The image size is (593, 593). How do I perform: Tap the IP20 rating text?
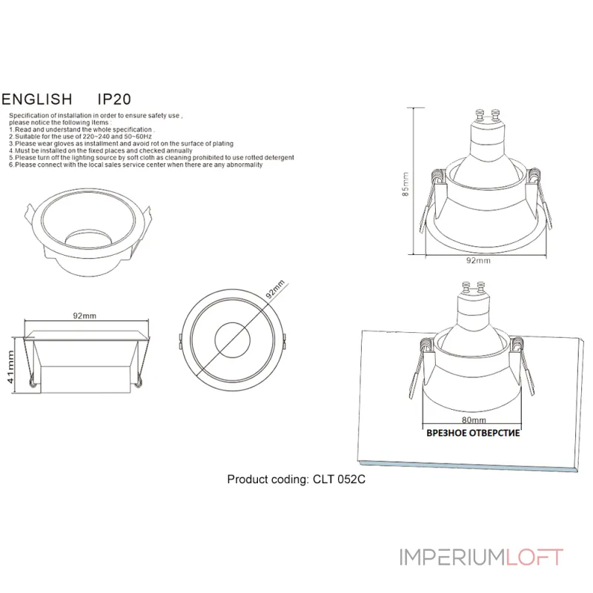115,99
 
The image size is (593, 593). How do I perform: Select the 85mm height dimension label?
405,182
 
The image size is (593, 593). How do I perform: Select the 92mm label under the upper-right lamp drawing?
478,261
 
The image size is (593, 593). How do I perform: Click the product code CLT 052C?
337,480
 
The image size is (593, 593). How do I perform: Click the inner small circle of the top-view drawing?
233,342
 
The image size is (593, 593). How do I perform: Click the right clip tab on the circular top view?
285,340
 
